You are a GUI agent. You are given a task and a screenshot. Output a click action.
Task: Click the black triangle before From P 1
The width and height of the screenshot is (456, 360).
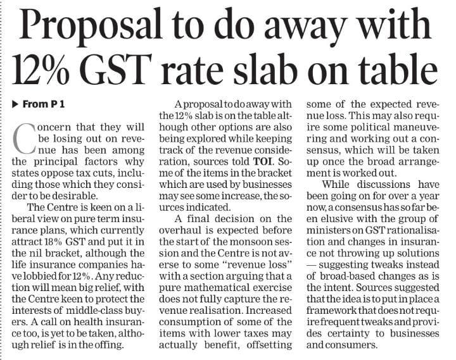click(16, 103)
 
